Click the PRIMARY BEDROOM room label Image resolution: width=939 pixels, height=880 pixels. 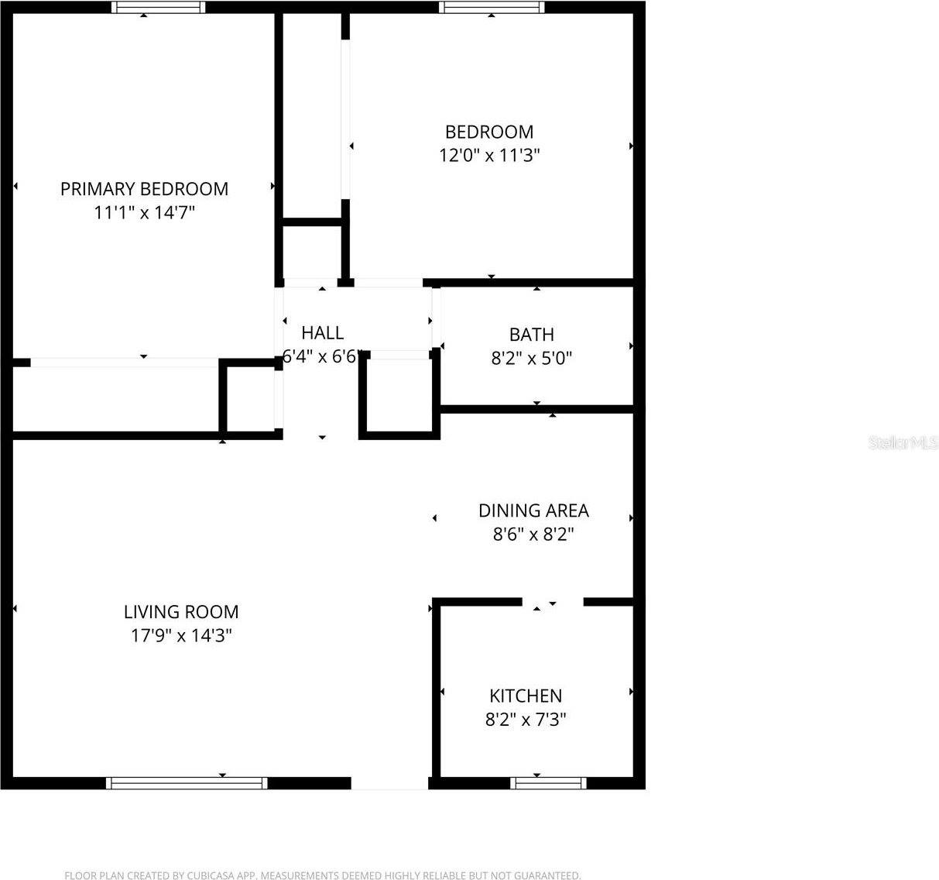click(144, 189)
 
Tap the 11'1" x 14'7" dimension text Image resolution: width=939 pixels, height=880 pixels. click(144, 212)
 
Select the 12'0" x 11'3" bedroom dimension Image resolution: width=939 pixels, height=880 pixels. click(489, 155)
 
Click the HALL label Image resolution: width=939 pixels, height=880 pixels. click(322, 333)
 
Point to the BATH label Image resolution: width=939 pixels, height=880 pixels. click(532, 335)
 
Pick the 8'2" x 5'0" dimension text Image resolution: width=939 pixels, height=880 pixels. click(532, 358)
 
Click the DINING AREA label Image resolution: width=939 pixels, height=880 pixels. click(533, 510)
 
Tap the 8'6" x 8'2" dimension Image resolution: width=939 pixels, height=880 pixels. click(533, 534)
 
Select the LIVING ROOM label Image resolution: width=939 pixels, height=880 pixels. click(181, 612)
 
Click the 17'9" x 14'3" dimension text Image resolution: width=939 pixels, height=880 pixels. click(181, 636)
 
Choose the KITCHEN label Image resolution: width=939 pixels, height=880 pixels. click(526, 696)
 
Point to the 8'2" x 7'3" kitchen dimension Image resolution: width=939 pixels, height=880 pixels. click(526, 720)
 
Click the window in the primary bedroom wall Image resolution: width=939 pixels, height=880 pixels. click(159, 7)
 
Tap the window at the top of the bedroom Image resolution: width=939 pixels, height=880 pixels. click(492, 7)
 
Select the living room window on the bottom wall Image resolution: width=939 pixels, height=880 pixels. click(187, 783)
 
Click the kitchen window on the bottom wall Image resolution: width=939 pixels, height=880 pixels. click(549, 783)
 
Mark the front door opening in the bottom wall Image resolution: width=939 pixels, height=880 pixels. click(390, 783)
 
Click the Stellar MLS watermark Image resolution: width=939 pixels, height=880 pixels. click(903, 443)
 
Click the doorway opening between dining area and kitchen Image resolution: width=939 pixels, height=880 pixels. click(552, 602)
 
